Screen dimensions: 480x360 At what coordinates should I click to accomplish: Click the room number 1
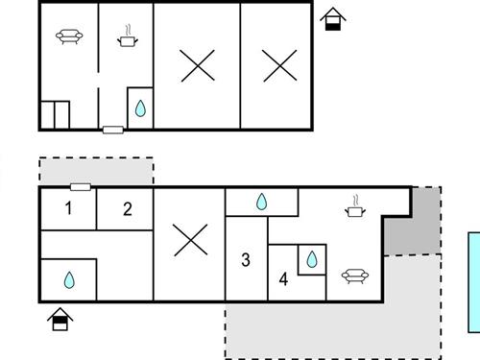[x=68, y=208]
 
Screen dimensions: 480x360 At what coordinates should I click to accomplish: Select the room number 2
[x=127, y=209]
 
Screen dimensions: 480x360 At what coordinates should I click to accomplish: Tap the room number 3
[x=246, y=259]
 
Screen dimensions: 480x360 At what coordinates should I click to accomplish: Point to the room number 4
[x=283, y=280]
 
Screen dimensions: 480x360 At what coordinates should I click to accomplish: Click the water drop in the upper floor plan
[x=140, y=109]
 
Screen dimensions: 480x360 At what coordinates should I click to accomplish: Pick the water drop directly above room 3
[x=261, y=203]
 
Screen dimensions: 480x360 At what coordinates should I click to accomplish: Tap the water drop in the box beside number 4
[x=312, y=259]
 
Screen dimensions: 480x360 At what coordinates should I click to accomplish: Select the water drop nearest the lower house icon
[x=68, y=280]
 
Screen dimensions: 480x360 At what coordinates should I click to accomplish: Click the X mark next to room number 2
[x=189, y=239]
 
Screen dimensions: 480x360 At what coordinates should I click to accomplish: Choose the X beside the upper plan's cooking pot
[x=197, y=65]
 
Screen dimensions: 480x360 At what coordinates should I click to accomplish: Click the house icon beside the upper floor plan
[x=332, y=19]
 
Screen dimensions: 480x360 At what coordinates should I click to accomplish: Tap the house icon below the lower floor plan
[x=60, y=319]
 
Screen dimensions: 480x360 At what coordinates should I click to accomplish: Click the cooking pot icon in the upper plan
[x=127, y=38]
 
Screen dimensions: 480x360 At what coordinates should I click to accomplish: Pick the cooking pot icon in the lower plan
[x=355, y=204]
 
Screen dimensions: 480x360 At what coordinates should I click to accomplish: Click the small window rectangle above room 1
[x=81, y=187]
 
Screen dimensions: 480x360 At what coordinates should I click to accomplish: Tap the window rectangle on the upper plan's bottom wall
[x=112, y=129]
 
